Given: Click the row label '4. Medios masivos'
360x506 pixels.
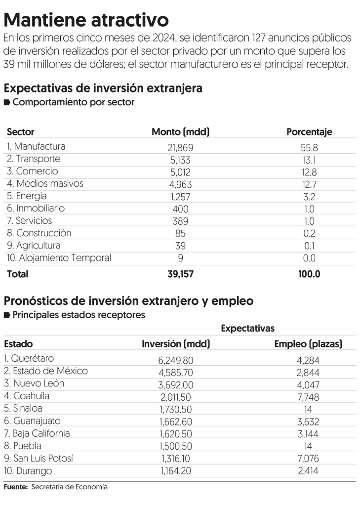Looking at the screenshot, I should coord(45,184).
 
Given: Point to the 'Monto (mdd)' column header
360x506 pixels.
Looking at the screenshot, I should coord(180,132).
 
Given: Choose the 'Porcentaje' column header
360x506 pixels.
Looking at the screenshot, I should coord(309,132).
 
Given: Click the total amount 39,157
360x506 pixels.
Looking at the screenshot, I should coord(180,274).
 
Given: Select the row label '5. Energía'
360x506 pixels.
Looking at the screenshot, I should coord(28,196).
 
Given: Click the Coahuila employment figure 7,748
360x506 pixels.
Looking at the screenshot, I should coord(308,397).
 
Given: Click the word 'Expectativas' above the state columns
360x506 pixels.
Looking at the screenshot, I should coord(247,329).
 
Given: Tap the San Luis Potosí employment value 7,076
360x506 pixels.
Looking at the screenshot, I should coord(308,459).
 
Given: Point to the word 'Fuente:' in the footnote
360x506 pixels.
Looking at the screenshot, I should coord(16,487).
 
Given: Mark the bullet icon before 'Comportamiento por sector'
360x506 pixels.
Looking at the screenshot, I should coord(7,103).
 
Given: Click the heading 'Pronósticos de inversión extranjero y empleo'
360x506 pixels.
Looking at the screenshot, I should coord(128,300).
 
